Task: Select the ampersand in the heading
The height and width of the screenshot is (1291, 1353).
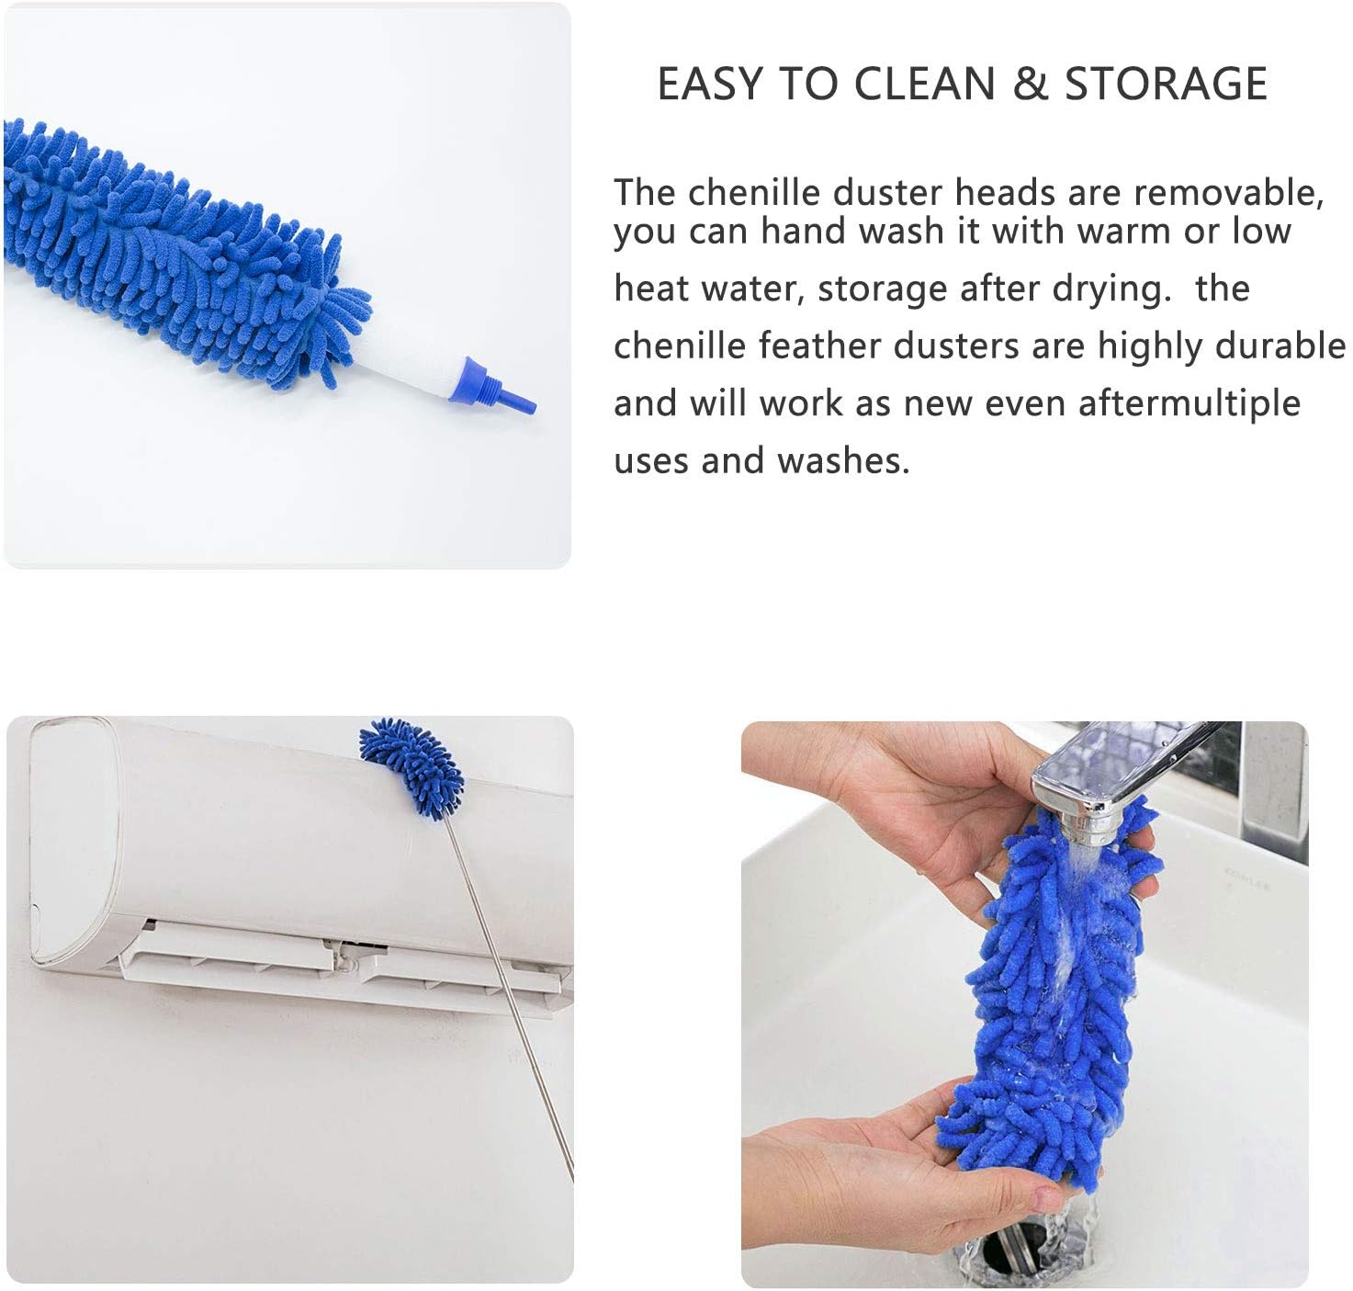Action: [1029, 85]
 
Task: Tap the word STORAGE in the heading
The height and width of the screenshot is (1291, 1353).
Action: [1166, 85]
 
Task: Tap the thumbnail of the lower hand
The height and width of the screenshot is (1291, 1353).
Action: [1046, 1197]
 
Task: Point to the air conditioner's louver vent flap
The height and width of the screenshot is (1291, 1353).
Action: [340, 965]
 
